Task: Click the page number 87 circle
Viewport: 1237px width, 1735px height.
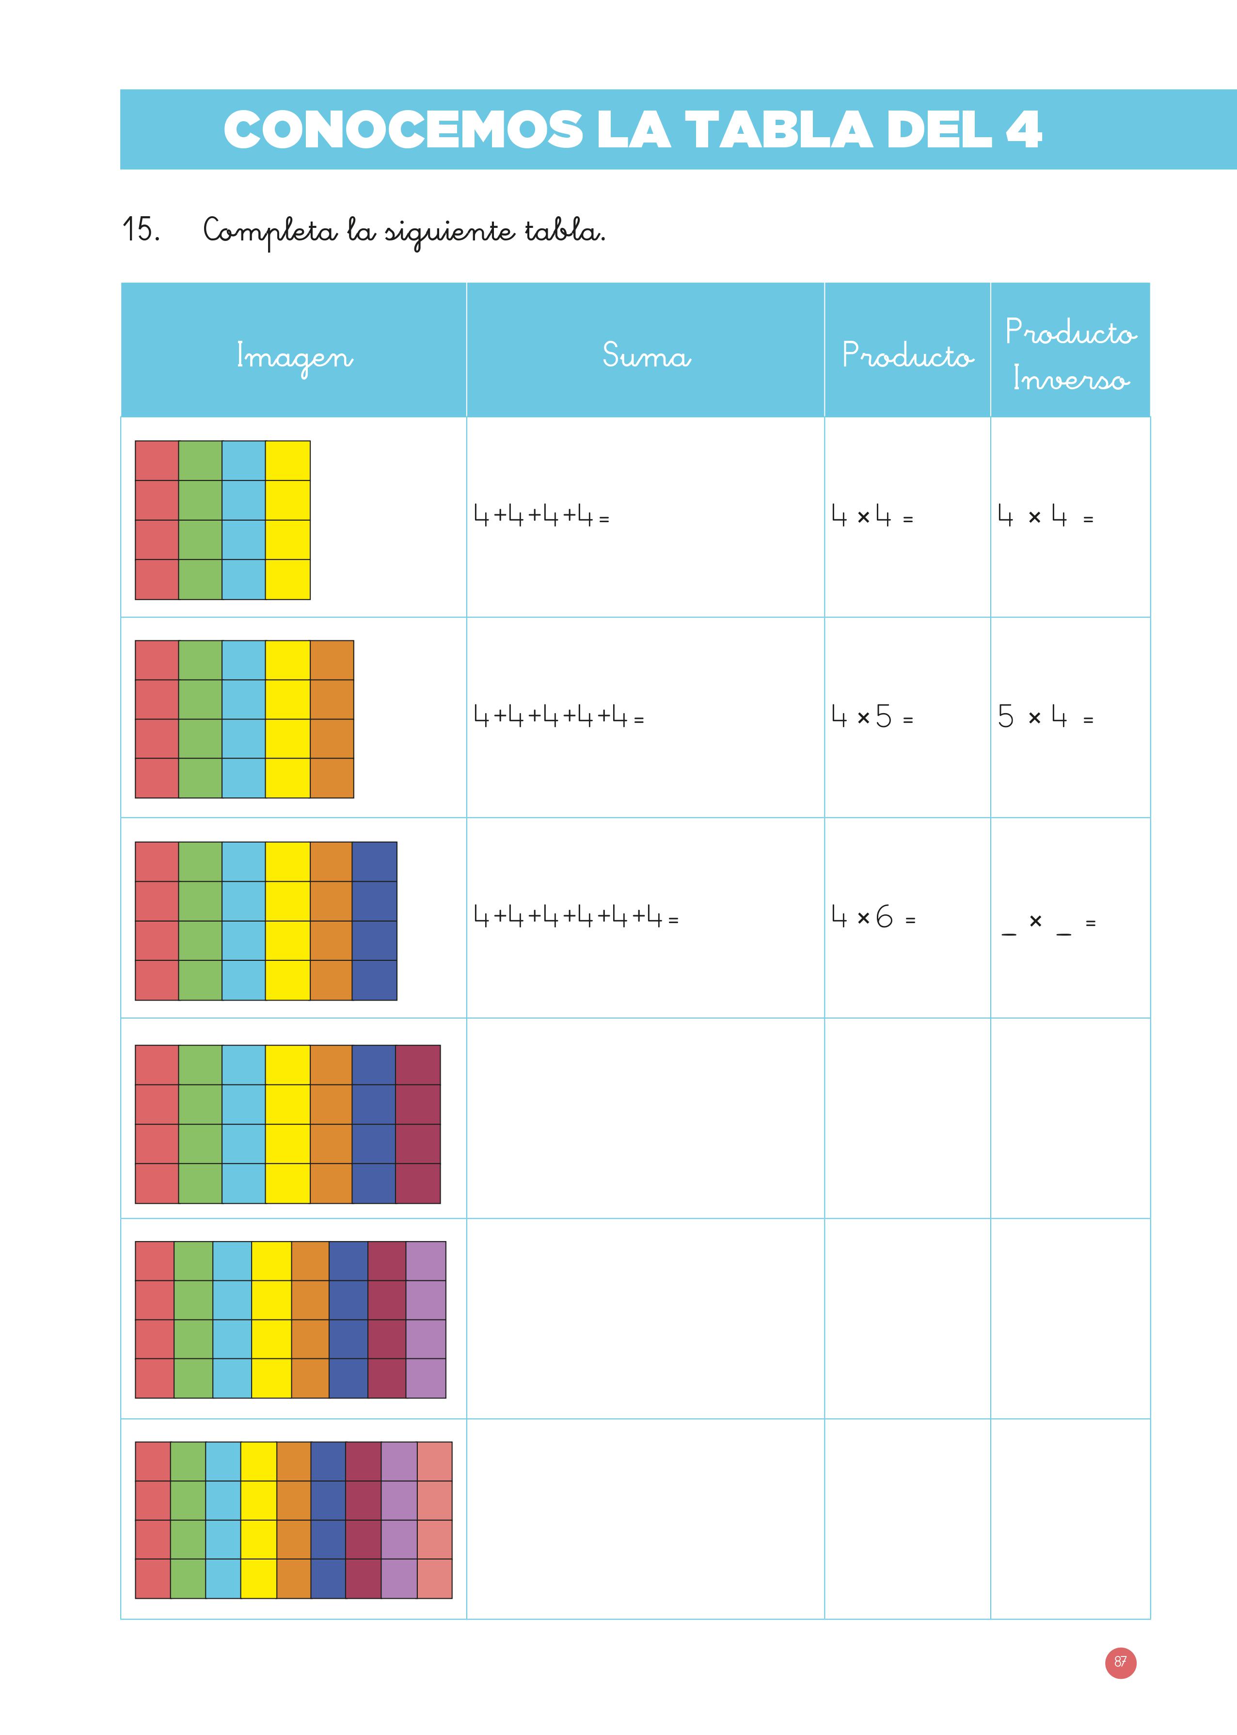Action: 1120,1662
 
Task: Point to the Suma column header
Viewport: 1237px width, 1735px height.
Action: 646,355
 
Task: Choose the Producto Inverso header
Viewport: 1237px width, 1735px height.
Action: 1070,355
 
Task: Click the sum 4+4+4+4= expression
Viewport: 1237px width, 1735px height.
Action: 541,516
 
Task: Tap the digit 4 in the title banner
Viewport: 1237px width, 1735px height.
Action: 1023,129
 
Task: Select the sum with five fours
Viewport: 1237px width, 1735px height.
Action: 558,716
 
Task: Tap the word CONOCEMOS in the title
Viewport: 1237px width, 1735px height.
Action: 403,129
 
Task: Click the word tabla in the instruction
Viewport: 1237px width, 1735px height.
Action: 564,229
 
